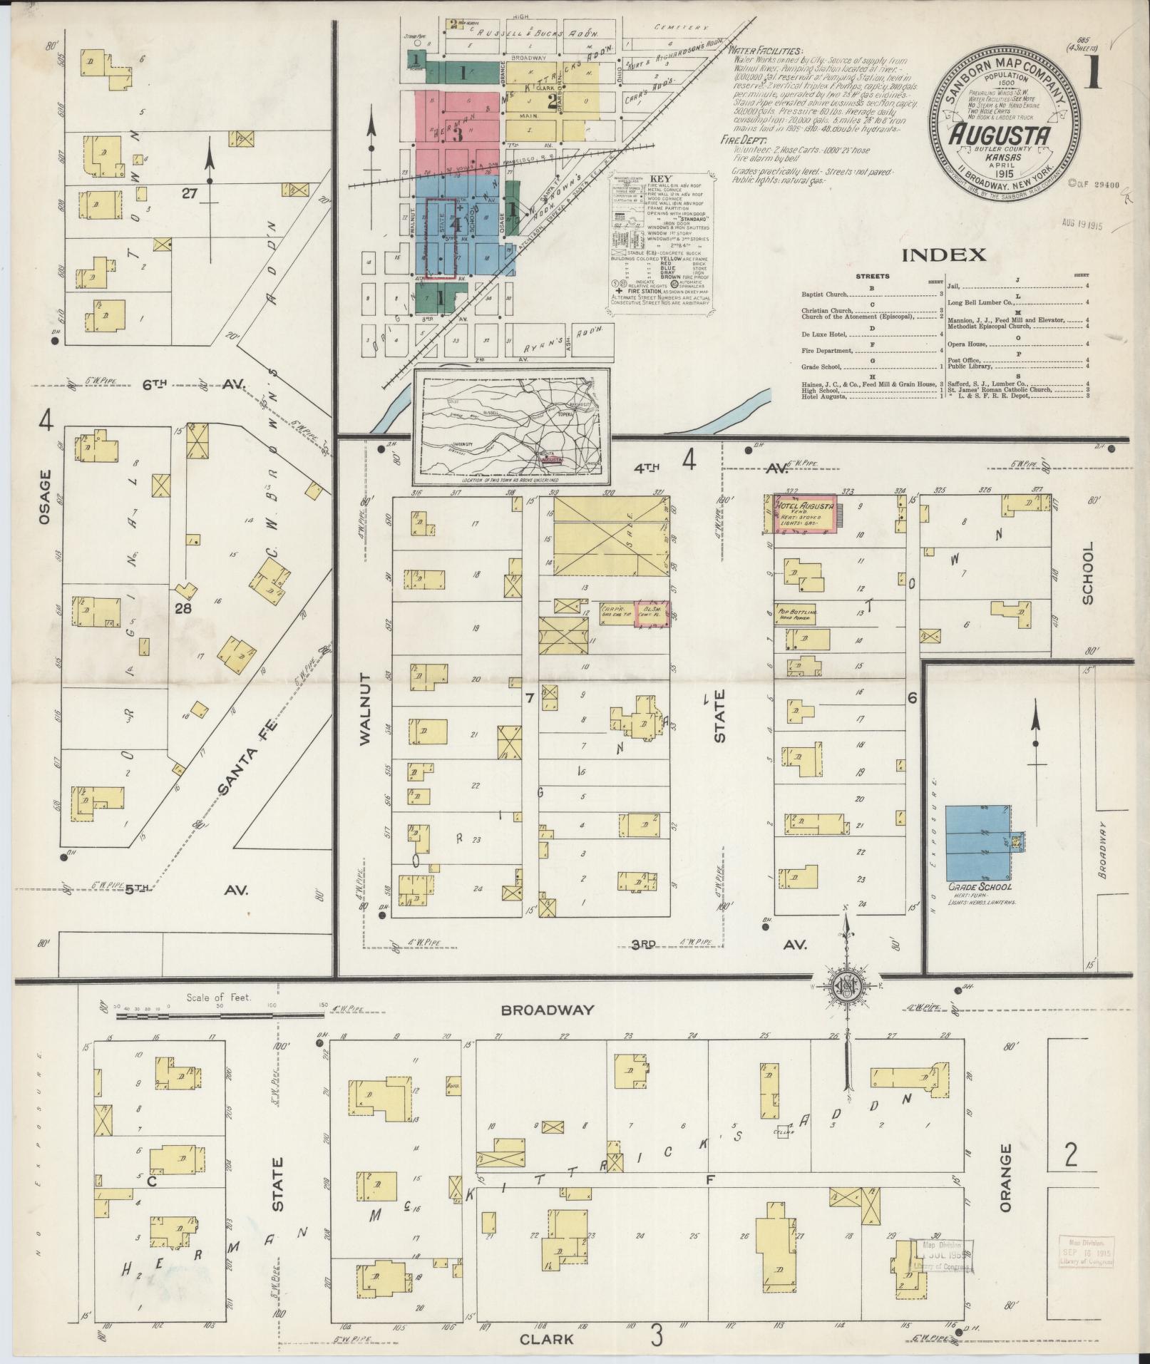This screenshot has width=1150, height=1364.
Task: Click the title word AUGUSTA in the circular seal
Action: click(x=1001, y=134)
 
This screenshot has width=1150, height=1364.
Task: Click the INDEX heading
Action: click(x=944, y=255)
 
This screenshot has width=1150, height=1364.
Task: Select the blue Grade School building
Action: click(x=977, y=842)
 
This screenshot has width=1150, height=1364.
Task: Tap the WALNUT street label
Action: click(x=365, y=709)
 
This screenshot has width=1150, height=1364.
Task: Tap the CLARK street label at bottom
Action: click(x=546, y=1339)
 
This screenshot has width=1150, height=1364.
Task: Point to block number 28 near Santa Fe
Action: click(x=183, y=608)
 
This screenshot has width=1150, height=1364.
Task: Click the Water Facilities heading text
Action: click(x=765, y=51)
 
